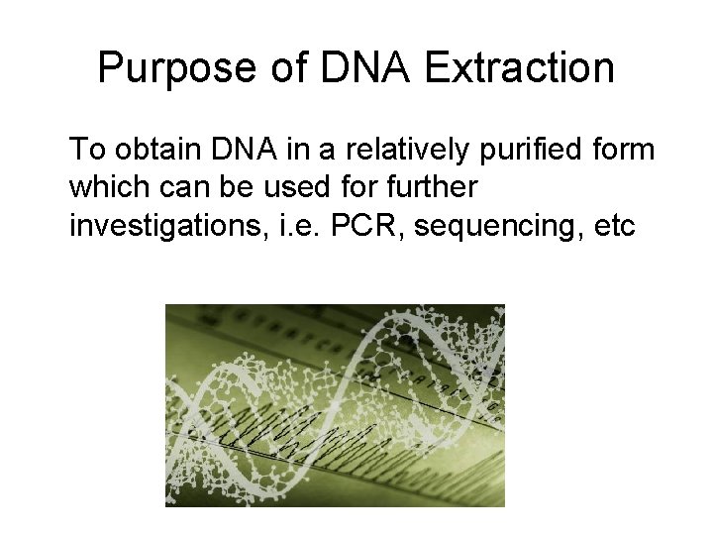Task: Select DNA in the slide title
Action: tap(363, 68)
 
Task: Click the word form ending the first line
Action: tap(623, 150)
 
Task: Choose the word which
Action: tap(109, 187)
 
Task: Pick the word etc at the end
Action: tap(612, 225)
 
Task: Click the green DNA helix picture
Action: tap(335, 405)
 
